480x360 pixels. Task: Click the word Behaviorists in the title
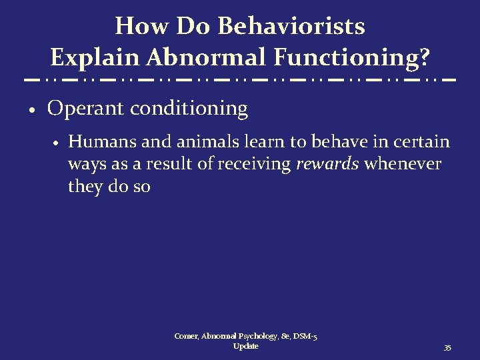tap(291, 27)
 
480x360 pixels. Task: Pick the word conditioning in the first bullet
tap(189, 108)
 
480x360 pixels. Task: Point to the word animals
tap(197, 142)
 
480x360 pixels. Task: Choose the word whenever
tap(403, 164)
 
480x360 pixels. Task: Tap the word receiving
tap(256, 164)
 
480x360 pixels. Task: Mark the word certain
tap(423, 142)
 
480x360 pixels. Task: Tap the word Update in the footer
tap(246, 346)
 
